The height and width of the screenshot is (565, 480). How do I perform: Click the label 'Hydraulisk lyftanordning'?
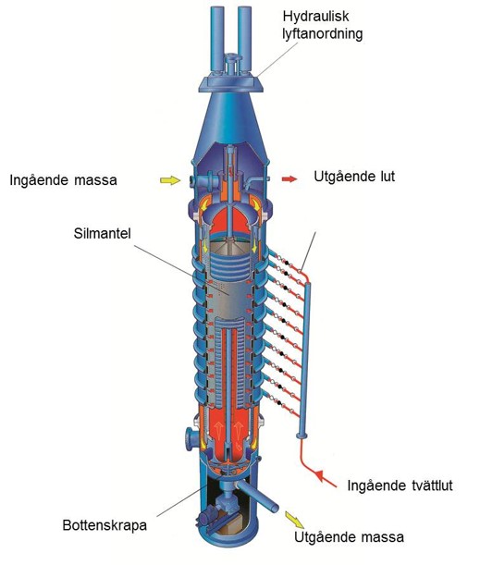322,25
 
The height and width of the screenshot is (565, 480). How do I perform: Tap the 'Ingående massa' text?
64,179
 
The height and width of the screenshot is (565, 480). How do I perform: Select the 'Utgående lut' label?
354,177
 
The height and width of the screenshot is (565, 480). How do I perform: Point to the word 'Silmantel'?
103,233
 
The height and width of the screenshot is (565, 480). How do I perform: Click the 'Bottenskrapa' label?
105,525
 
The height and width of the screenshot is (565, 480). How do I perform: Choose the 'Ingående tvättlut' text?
400,485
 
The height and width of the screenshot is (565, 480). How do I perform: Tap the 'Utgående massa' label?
349,537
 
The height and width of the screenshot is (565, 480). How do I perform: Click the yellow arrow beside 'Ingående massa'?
170,180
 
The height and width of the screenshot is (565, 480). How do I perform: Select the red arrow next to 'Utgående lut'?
289,178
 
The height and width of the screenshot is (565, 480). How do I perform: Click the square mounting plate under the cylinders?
230,82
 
